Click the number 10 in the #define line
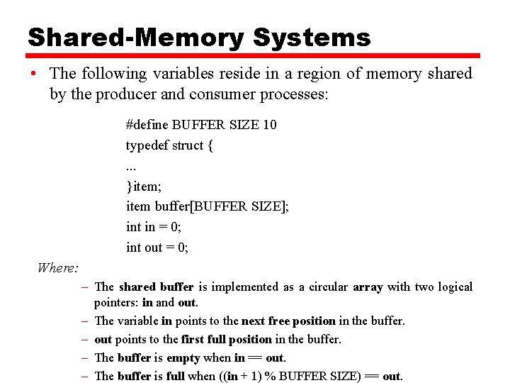tap(269, 125)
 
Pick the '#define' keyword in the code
tap(147, 125)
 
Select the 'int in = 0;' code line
tap(153, 227)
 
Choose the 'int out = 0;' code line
tap(157, 248)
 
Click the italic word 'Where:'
tap(58, 268)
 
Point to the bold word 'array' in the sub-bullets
tap(368, 287)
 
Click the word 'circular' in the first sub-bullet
tap(327, 287)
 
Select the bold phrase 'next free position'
tap(288, 321)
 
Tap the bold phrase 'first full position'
tap(227, 340)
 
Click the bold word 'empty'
tap(183, 358)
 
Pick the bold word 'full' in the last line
tap(175, 377)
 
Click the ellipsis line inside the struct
tap(130, 166)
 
